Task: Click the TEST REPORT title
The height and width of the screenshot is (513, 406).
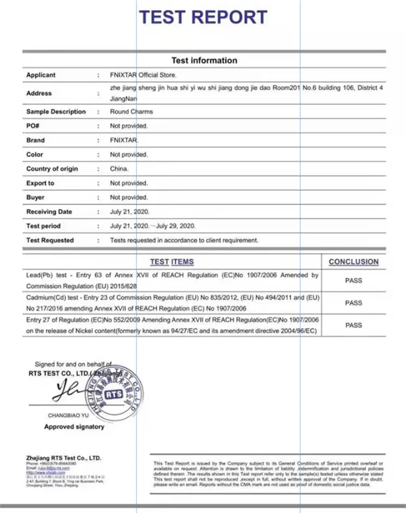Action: click(x=203, y=17)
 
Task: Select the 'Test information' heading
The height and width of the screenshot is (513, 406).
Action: click(x=204, y=61)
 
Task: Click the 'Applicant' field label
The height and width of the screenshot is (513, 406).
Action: click(x=41, y=75)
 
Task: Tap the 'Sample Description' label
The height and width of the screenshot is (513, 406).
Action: click(x=56, y=112)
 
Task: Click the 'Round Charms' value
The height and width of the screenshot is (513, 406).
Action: click(x=131, y=112)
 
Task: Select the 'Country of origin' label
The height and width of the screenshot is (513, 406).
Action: click(x=52, y=169)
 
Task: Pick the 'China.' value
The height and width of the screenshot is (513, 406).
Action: click(x=119, y=169)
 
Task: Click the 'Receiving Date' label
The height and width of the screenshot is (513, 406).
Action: click(x=49, y=212)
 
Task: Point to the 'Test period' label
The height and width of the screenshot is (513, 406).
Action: click(x=43, y=226)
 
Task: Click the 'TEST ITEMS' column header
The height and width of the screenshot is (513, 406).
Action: click(x=172, y=262)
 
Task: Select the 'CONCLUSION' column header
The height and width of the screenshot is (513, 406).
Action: click(x=353, y=262)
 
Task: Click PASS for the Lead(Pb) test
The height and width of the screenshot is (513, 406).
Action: click(x=353, y=281)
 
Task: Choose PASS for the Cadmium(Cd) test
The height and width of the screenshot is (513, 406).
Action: click(x=353, y=303)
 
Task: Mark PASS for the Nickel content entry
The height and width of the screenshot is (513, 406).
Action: click(x=353, y=325)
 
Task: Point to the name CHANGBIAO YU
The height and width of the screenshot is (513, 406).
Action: click(x=68, y=416)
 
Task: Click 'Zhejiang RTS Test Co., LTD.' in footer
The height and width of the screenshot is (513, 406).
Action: click(x=64, y=458)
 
